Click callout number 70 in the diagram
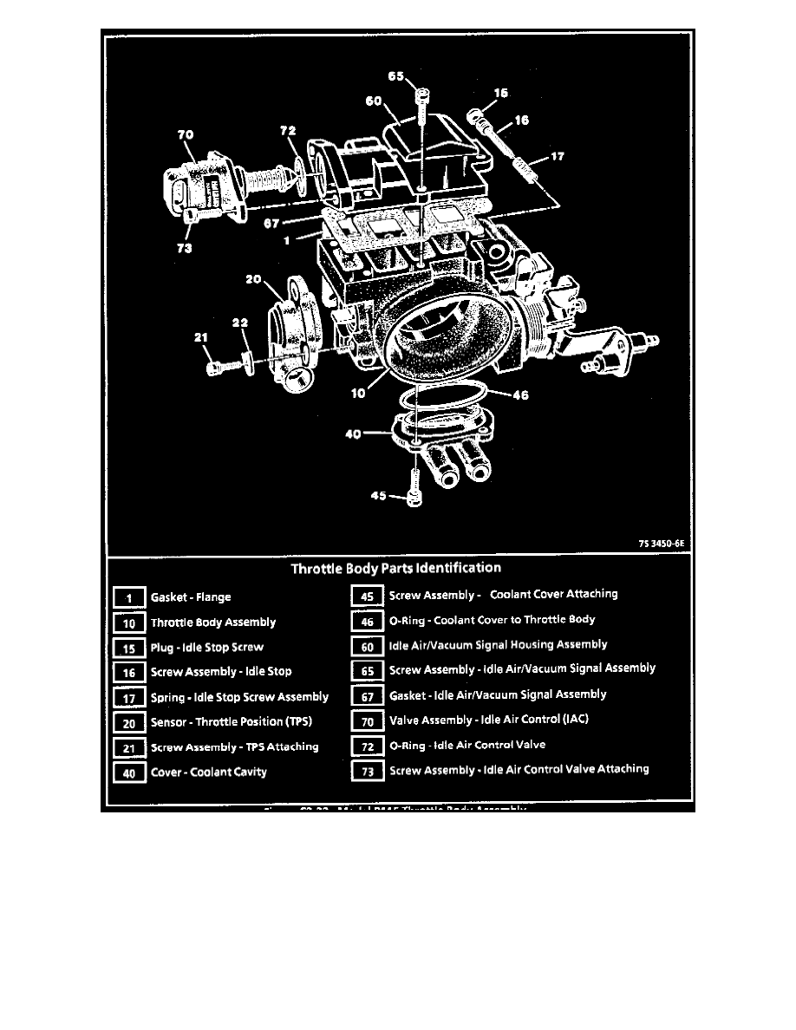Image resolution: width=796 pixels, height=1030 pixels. pos(185,134)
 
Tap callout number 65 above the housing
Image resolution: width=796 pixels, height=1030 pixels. pos(395,76)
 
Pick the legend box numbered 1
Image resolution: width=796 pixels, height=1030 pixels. pos(129,597)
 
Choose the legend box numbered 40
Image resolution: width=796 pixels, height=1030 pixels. pos(129,773)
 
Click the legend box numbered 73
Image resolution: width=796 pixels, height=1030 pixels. pos(367,770)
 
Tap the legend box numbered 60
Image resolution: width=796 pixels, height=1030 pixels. pos(367,645)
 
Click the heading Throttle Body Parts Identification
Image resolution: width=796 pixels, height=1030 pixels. pos(395,569)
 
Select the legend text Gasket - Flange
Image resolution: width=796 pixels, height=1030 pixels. pos(191,597)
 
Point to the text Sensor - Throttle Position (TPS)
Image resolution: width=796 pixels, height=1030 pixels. pos(231,722)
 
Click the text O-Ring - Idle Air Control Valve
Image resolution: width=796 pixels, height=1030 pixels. pos(467,745)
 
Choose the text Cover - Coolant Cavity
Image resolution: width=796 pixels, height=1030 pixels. pos(209,772)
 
